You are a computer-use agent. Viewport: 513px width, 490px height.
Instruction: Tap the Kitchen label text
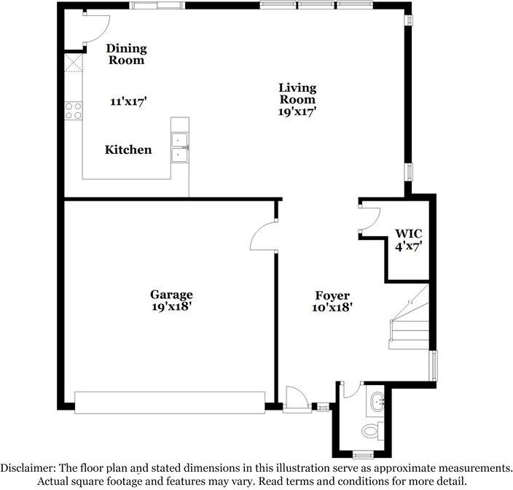[x=128, y=149]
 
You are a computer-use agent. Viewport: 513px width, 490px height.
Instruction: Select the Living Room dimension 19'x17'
[x=297, y=112]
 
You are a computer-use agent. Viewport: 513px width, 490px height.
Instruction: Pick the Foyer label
[x=333, y=295]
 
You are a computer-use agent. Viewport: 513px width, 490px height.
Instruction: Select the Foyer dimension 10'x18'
[x=333, y=307]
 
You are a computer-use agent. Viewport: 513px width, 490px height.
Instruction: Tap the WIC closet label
[x=408, y=234]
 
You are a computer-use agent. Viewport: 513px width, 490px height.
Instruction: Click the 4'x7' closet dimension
[x=408, y=246]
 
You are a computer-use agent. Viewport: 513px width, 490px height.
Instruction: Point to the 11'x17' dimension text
[x=129, y=102]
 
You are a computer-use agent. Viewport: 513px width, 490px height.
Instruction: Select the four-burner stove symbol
[x=73, y=110]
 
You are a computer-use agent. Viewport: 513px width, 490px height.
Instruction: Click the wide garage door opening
[x=170, y=402]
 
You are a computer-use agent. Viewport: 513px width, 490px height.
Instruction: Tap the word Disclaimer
[x=28, y=467]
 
